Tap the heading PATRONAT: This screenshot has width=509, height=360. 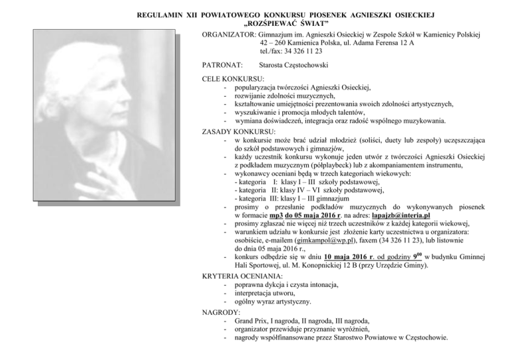(221, 64)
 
